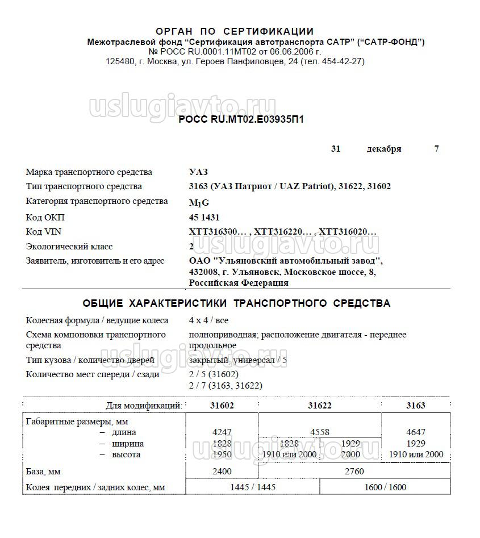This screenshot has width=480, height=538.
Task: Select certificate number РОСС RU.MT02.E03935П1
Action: [241, 119]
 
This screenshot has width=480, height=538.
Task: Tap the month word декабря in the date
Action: [384, 149]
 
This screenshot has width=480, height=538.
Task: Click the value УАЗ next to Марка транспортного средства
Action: [198, 172]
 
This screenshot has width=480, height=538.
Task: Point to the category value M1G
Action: [198, 202]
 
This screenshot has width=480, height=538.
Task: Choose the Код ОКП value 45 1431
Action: [204, 217]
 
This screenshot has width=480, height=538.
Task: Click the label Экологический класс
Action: [69, 247]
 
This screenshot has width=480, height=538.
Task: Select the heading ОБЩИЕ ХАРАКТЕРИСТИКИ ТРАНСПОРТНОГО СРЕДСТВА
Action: [236, 303]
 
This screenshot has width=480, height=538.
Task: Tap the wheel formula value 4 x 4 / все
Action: [209, 320]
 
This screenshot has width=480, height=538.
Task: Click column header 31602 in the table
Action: [222, 406]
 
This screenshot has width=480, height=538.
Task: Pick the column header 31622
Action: [320, 406]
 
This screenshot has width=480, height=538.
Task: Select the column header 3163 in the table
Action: [416, 406]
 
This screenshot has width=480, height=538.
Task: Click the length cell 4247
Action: [222, 432]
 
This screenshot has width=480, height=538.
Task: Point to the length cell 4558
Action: [319, 432]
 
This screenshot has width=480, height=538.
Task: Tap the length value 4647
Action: [416, 432]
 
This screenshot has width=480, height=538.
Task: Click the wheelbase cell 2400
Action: [222, 472]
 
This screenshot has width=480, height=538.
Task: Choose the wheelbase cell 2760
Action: [352, 472]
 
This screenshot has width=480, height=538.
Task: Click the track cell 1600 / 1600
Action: [386, 487]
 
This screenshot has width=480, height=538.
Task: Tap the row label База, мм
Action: [44, 472]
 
